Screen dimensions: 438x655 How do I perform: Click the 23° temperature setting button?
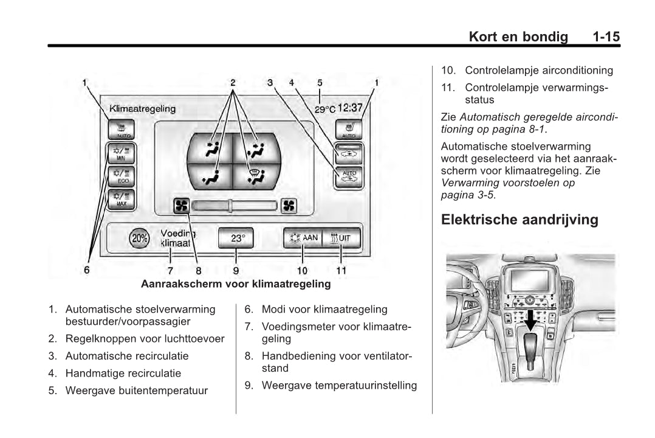click(x=235, y=238)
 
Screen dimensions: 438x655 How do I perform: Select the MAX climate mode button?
click(x=122, y=199)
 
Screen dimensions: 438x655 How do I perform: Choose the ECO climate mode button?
click(x=122, y=176)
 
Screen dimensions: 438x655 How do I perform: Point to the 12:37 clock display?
click(x=350, y=108)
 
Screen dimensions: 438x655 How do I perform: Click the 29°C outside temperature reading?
click(x=324, y=109)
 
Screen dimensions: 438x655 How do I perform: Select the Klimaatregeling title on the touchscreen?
click(x=142, y=109)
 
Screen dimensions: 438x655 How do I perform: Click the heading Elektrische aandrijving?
click(x=520, y=220)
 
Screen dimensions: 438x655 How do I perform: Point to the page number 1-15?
click(x=606, y=36)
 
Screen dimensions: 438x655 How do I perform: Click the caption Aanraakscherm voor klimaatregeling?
click(x=236, y=283)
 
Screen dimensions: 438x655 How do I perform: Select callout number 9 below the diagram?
click(x=236, y=270)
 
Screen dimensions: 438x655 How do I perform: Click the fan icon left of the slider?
click(x=181, y=206)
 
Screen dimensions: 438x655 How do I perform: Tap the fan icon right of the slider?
click(x=288, y=206)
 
